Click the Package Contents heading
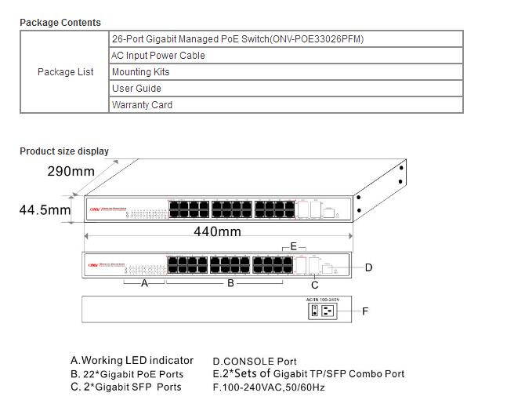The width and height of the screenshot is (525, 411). pyautogui.click(x=60, y=23)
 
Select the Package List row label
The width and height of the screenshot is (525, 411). pyautogui.click(x=65, y=72)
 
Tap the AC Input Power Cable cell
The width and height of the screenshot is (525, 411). pyautogui.click(x=158, y=56)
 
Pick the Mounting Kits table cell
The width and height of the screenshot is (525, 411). pyautogui.click(x=140, y=72)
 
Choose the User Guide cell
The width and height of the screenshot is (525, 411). pyautogui.click(x=136, y=89)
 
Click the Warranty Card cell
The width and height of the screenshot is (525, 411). pyautogui.click(x=142, y=105)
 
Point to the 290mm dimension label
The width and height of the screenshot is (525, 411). pyautogui.click(x=71, y=171)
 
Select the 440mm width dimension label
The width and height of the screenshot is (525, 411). pyautogui.click(x=217, y=232)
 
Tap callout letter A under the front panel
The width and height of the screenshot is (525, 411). pyautogui.click(x=144, y=284)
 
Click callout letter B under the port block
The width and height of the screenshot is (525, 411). pyautogui.click(x=230, y=283)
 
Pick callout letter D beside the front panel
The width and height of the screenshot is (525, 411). pyautogui.click(x=368, y=267)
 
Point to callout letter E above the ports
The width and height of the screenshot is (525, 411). pyautogui.click(x=294, y=246)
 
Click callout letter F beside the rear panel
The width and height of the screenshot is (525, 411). pyautogui.click(x=365, y=311)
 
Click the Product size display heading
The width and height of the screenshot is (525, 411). pyautogui.click(x=64, y=151)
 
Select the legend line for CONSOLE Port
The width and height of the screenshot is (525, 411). pyautogui.click(x=255, y=362)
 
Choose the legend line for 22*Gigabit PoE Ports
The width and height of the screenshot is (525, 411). pyautogui.click(x=127, y=374)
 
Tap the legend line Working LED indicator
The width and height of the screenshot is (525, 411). pyautogui.click(x=132, y=361)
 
